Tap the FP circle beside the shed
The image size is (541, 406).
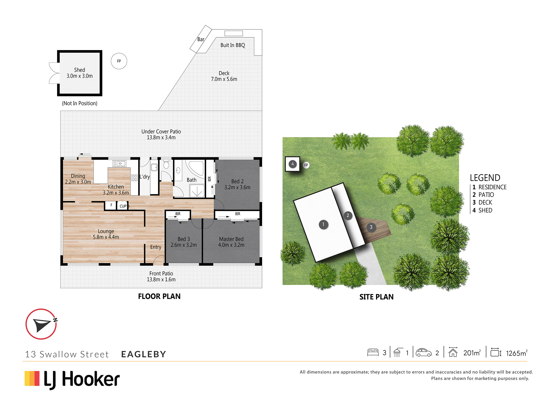coord(119,61)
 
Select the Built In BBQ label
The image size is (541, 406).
coord(233,45)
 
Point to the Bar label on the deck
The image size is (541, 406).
coord(201,39)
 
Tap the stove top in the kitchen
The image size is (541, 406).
coord(134,178)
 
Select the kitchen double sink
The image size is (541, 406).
coord(119,163)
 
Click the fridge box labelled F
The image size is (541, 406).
coord(111,205)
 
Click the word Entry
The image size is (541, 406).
coord(156,247)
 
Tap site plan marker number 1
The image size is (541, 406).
coord(323,224)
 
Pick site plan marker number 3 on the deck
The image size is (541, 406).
coord(371,227)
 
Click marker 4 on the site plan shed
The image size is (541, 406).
coord(292,164)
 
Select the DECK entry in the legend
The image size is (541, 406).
coord(482,202)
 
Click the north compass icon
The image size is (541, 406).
coord(41,324)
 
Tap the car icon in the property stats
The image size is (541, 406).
coord(424,352)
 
